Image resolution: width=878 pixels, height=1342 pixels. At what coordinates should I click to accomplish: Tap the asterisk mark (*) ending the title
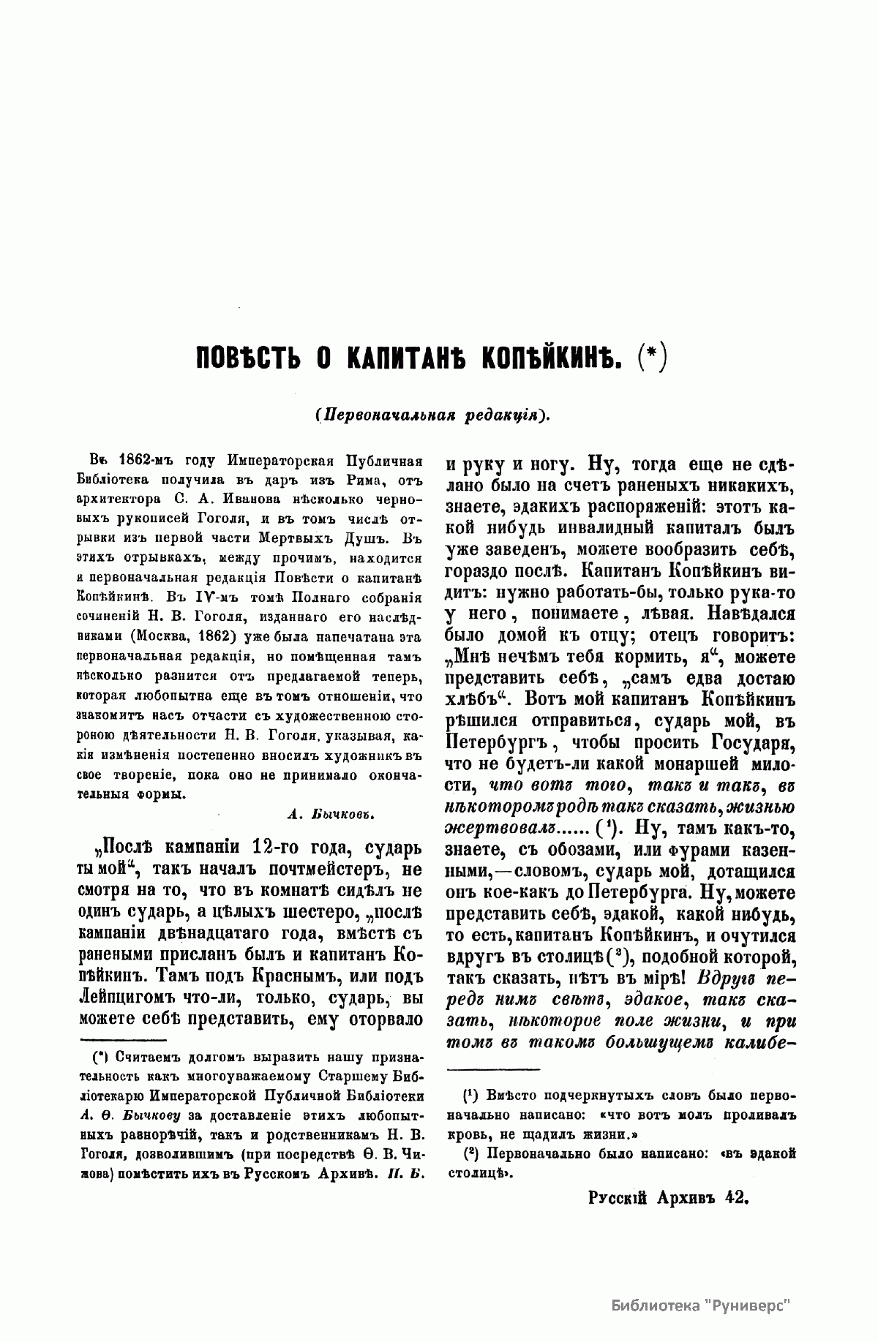(x=650, y=359)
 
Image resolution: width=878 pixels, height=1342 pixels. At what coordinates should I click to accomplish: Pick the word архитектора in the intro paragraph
(x=119, y=497)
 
